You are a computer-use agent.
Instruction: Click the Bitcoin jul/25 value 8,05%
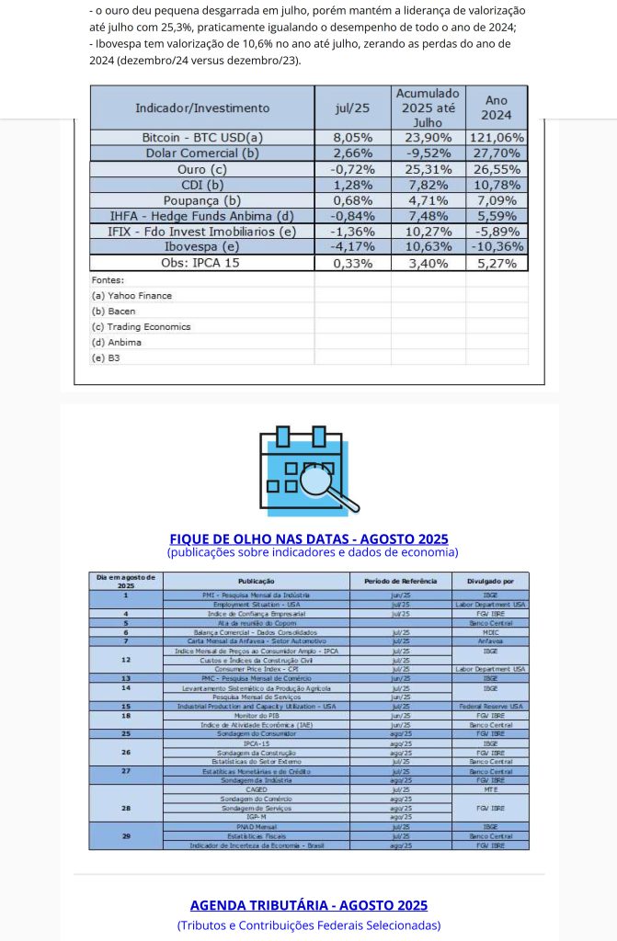point(352,137)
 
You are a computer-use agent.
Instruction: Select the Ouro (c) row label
point(202,169)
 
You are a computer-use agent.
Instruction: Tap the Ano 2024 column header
point(496,108)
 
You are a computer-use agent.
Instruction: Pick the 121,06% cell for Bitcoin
point(496,137)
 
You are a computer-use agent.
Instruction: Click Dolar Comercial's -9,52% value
point(428,153)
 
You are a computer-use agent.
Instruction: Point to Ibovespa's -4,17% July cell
point(352,246)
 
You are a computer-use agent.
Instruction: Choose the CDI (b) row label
point(202,185)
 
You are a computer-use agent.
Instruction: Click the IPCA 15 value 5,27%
point(496,263)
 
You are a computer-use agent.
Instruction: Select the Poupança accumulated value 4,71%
point(428,200)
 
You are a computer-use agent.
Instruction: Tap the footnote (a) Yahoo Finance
point(132,296)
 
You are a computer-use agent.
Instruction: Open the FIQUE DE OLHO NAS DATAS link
point(309,539)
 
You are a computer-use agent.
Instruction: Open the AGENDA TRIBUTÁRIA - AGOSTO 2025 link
point(309,905)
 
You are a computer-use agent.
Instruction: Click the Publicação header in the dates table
point(257,581)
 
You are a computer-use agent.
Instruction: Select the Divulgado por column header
point(490,581)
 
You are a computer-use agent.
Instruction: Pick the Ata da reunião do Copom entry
point(257,623)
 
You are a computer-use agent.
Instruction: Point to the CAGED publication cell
point(257,788)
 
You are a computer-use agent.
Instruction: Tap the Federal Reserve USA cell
point(490,706)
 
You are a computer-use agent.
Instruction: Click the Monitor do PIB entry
point(257,715)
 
